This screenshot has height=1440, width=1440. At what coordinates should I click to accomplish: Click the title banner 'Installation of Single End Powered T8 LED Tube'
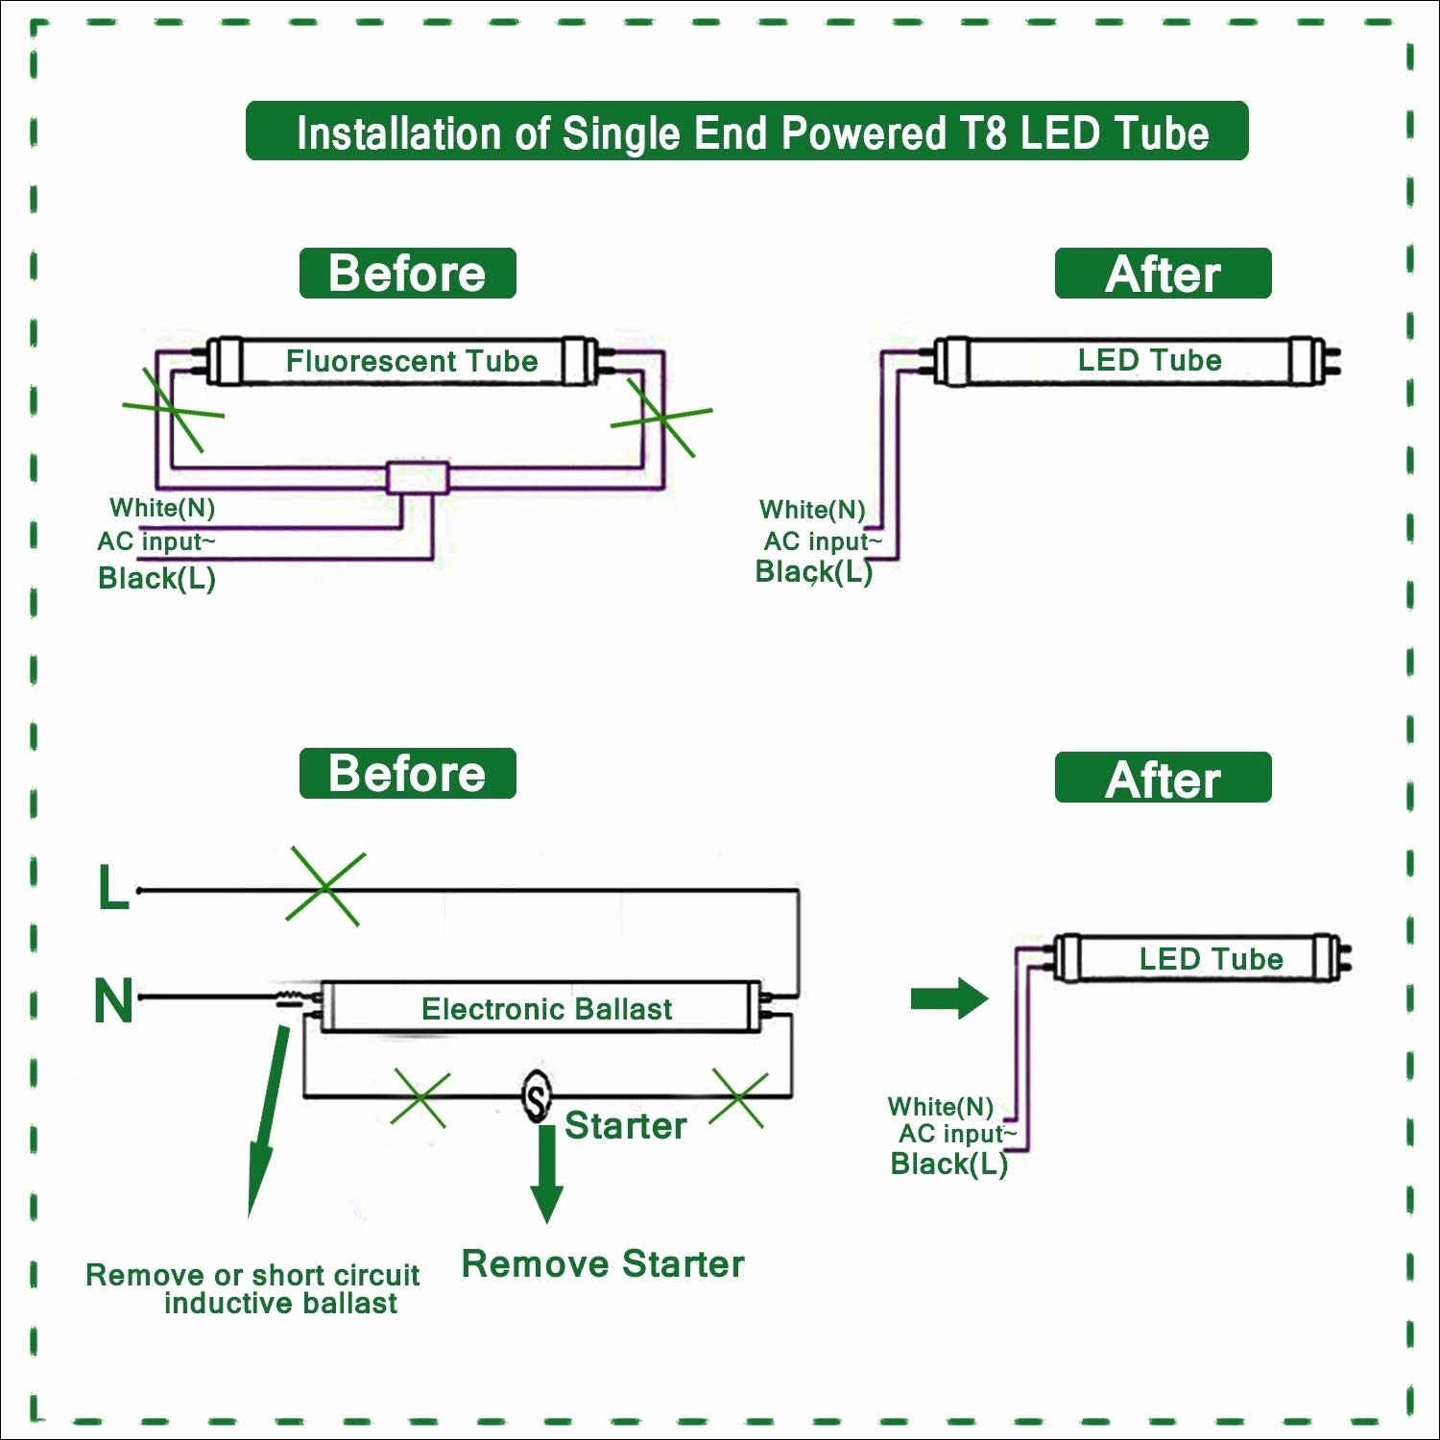(747, 132)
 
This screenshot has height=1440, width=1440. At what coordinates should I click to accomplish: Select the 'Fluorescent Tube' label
(411, 361)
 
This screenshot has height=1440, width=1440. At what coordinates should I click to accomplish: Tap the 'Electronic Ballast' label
(546, 1009)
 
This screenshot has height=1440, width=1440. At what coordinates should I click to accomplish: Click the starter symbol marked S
(537, 1095)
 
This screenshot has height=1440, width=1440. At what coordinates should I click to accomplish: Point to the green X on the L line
(325, 888)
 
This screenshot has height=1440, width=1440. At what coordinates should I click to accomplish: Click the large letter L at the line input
(113, 888)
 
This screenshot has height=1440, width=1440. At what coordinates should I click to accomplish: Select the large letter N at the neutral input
(113, 1000)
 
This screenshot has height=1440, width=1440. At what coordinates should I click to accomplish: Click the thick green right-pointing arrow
(948, 998)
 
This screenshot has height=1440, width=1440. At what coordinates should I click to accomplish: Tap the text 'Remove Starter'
(603, 1264)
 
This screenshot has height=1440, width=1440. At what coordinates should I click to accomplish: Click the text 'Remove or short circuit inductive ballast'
(253, 1288)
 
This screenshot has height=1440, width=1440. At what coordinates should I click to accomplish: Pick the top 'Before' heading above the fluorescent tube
(407, 274)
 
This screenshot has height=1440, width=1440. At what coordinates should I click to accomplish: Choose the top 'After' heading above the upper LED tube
(1163, 275)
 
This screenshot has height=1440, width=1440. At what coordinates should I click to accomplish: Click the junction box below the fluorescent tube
(418, 477)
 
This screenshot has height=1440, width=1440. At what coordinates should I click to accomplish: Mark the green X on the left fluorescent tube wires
(173, 410)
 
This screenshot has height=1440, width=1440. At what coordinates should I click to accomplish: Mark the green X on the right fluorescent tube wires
(661, 417)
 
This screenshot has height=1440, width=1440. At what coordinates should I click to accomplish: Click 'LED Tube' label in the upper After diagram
(1149, 360)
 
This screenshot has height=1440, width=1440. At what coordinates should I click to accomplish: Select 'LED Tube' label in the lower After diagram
(1211, 958)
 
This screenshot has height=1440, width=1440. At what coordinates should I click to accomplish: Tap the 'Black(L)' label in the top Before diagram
(156, 578)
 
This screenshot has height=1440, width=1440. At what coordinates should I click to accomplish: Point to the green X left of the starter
(420, 1099)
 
